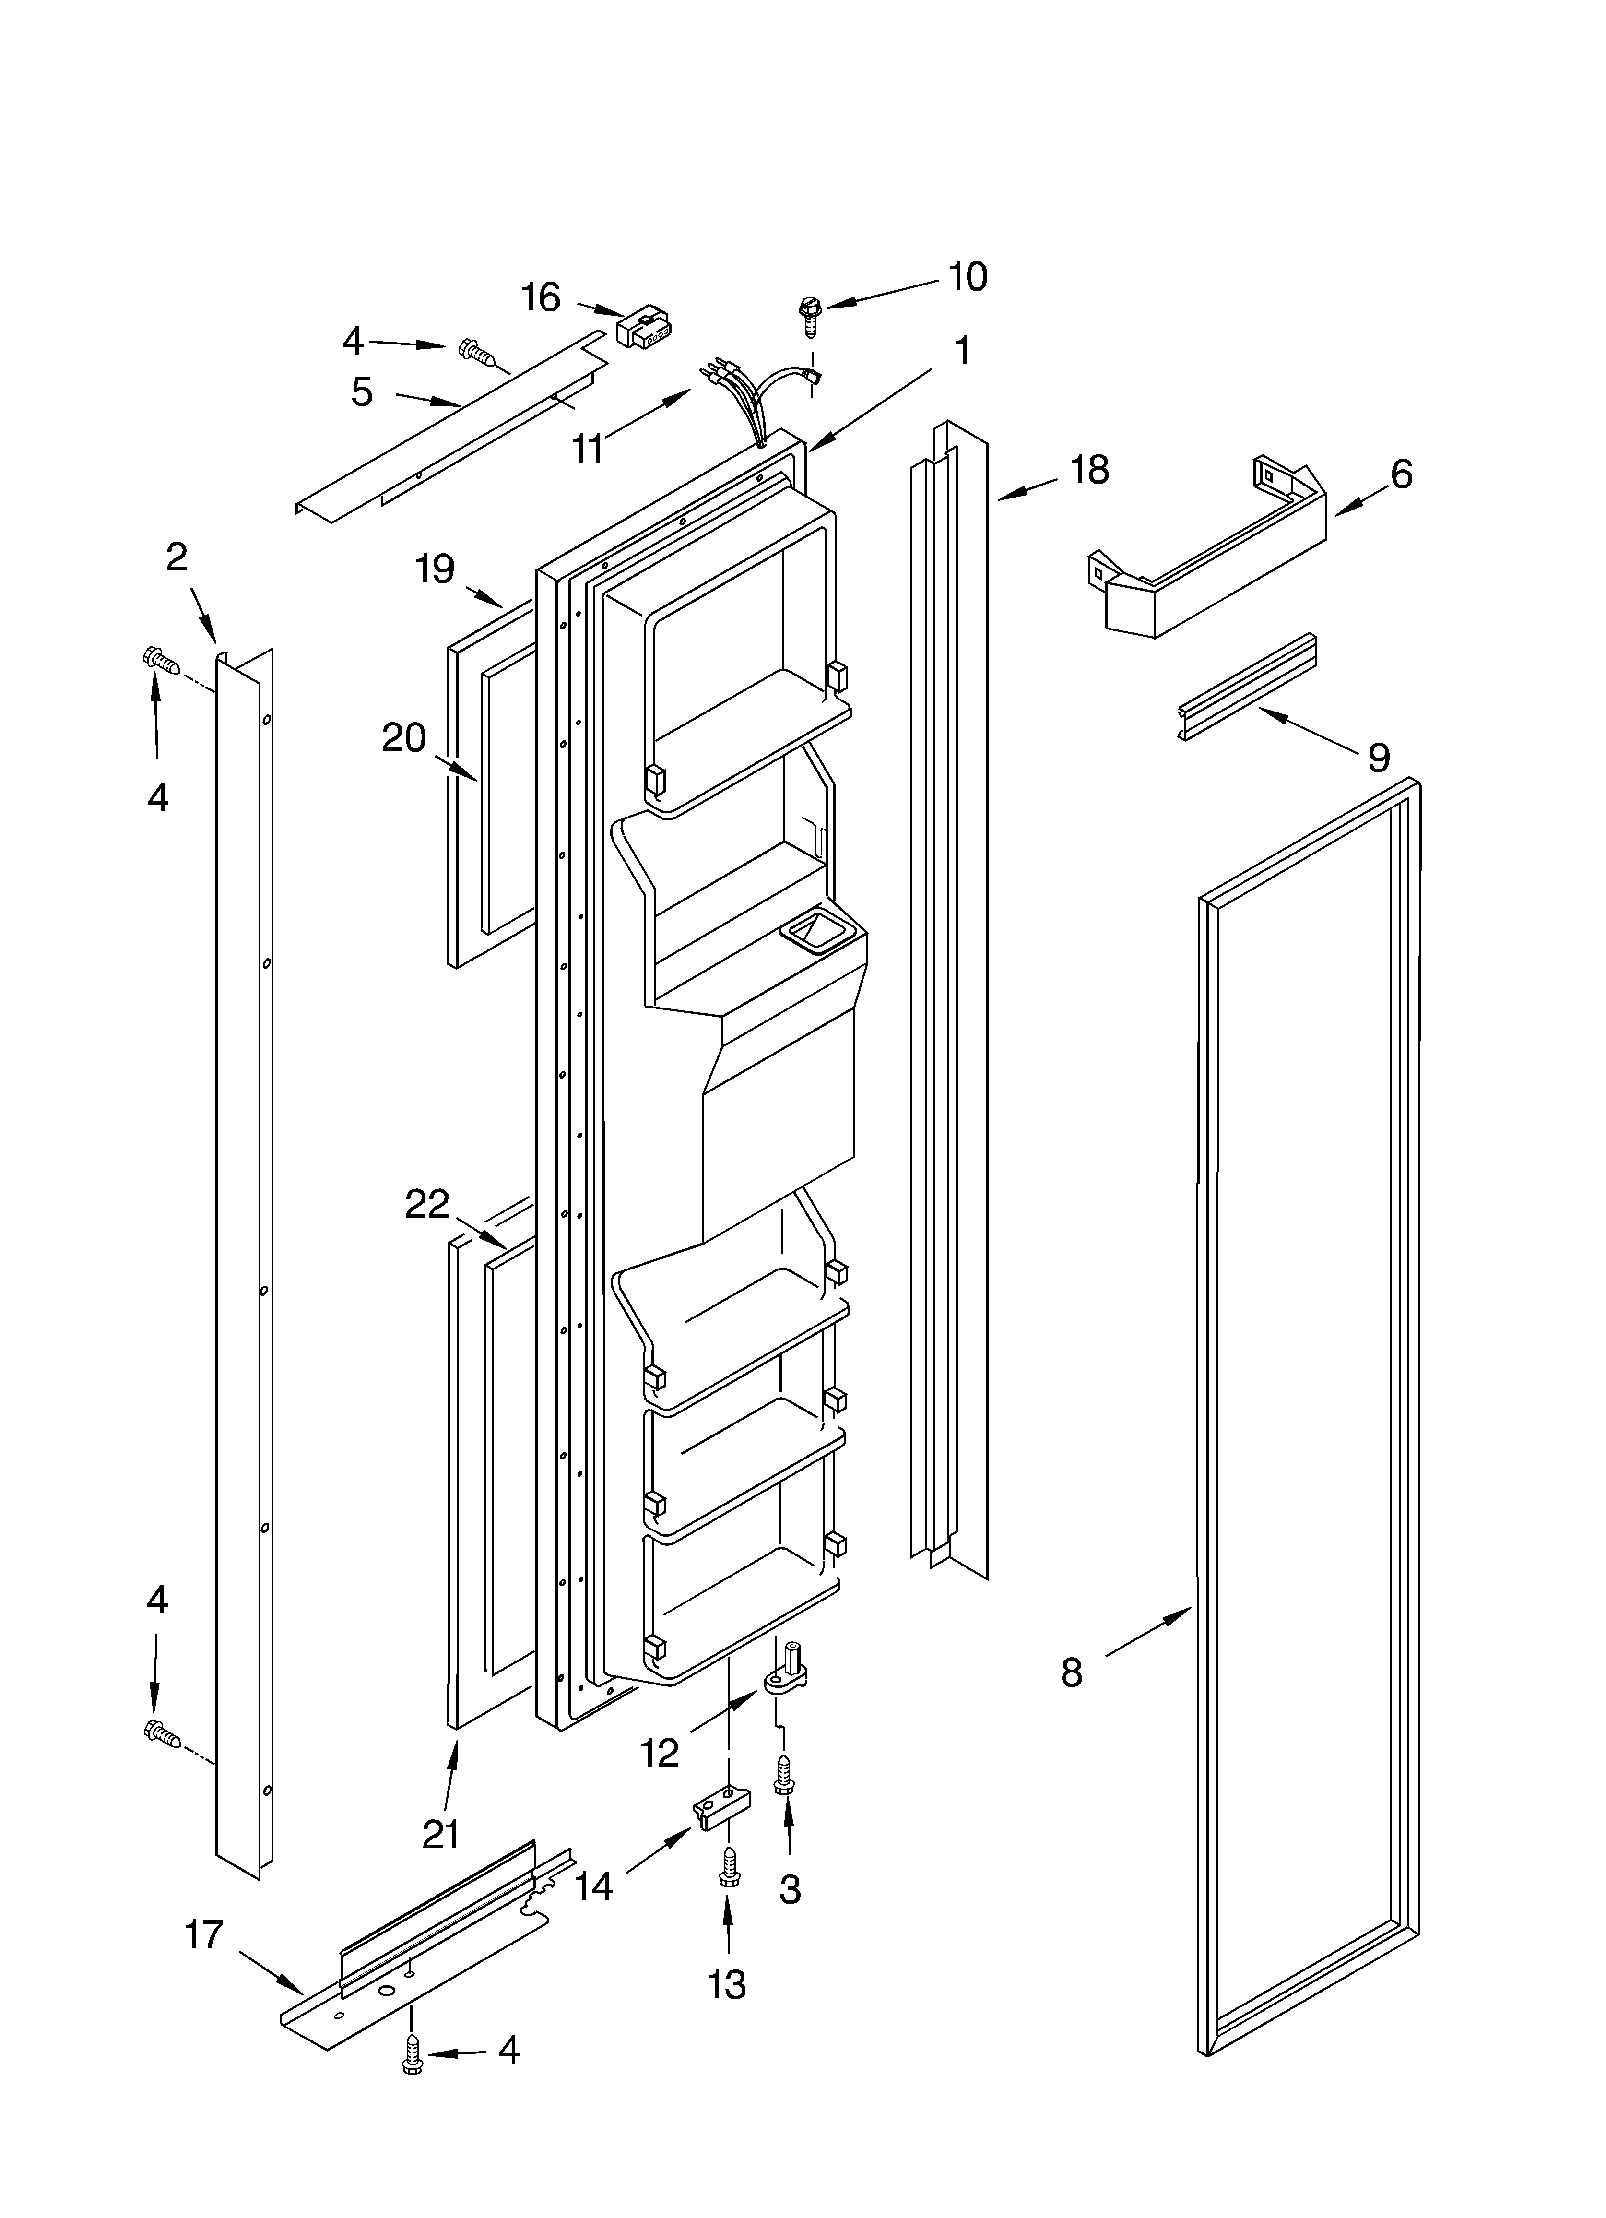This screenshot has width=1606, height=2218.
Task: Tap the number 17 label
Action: (204, 1934)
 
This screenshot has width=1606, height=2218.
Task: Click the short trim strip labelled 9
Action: (1247, 688)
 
